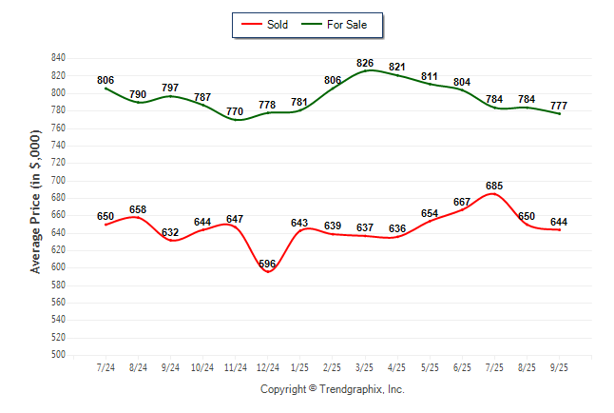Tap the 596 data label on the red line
tap(269, 264)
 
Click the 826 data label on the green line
tap(364, 63)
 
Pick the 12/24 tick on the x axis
tap(268, 367)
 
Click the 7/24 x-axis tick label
tap(106, 367)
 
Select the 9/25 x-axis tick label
tap(559, 367)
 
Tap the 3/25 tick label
tap(365, 367)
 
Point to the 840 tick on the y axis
tap(58, 57)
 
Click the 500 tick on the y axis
tap(58, 355)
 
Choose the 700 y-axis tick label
tap(58, 180)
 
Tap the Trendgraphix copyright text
tap(333, 389)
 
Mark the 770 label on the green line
tap(236, 111)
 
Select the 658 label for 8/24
tap(138, 208)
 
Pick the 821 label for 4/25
tap(397, 67)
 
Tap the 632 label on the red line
tap(170, 232)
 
